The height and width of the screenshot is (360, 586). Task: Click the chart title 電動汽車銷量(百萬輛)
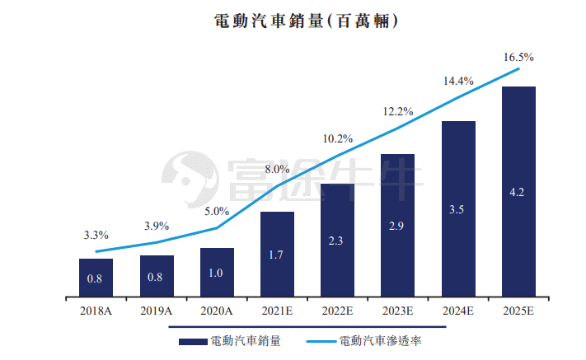[x=306, y=21]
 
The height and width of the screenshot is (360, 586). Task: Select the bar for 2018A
[x=96, y=278]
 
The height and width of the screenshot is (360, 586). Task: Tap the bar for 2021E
[x=277, y=255]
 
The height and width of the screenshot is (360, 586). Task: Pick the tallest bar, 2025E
[x=518, y=192]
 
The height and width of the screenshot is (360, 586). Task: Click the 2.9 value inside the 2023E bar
[x=396, y=226]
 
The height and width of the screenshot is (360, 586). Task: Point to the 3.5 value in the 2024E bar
[x=457, y=209]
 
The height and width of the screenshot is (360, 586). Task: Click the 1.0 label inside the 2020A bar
[x=216, y=273]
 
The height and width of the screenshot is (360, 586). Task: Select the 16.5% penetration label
[x=518, y=57]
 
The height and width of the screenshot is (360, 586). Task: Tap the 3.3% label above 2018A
[x=96, y=235]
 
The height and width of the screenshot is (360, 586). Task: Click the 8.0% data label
[x=277, y=169]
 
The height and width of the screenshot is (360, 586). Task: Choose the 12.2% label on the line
[x=398, y=111]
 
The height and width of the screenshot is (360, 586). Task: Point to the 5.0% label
[x=217, y=211]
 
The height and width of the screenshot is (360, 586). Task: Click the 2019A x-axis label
[x=157, y=311]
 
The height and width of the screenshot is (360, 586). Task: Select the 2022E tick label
[x=337, y=311]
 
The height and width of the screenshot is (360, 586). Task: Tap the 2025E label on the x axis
[x=518, y=311]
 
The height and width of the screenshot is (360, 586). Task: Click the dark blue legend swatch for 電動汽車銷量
[x=193, y=342]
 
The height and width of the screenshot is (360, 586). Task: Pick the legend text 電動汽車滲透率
[x=380, y=341]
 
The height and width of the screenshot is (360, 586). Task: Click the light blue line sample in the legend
[x=321, y=341]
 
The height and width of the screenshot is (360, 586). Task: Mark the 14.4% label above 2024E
[x=458, y=81]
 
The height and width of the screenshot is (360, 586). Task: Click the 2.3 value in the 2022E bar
[x=335, y=241]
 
